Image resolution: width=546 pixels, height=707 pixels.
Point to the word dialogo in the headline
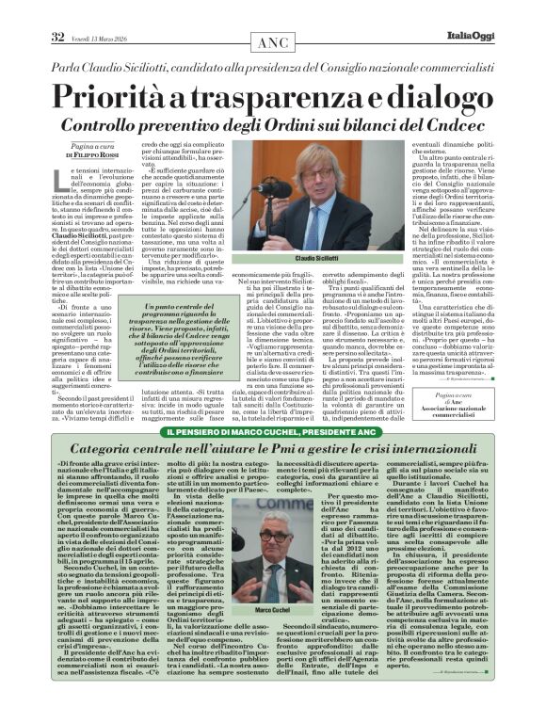tap(427, 97)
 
